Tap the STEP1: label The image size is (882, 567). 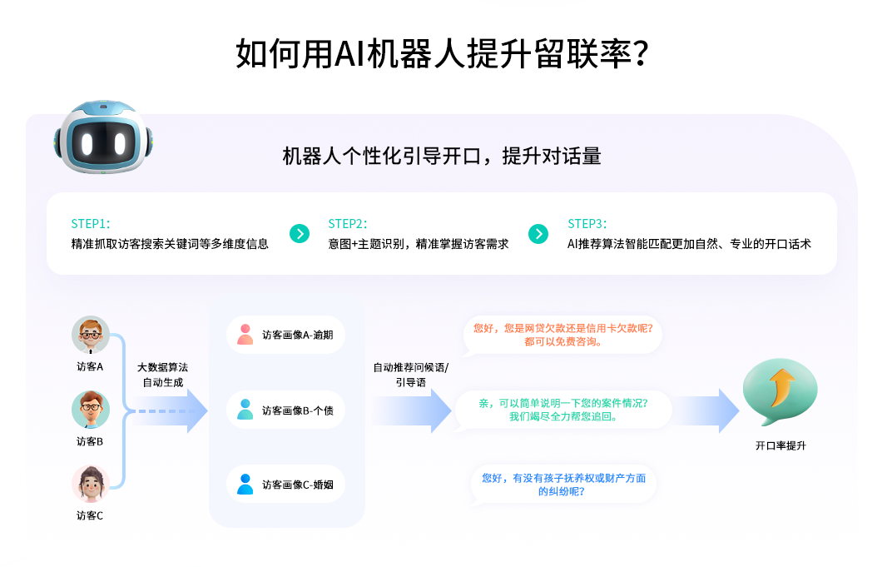click(91, 224)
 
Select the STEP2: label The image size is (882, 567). click(348, 224)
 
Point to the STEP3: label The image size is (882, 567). click(587, 224)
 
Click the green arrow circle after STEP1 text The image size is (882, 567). click(300, 234)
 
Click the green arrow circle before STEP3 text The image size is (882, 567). click(539, 234)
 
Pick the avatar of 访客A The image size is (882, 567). click(90, 335)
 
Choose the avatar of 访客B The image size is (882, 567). click(90, 410)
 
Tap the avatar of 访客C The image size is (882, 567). click(90, 484)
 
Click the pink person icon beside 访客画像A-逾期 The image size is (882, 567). click(245, 334)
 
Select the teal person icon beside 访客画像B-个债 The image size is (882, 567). click(245, 409)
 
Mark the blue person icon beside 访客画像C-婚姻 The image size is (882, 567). click(245, 484)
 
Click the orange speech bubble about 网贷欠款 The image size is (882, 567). click(563, 335)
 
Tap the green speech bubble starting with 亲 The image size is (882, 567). click(563, 409)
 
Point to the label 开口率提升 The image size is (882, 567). click(780, 445)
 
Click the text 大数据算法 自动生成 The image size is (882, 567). click(162, 375)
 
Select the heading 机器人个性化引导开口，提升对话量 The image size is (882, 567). click(441, 156)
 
